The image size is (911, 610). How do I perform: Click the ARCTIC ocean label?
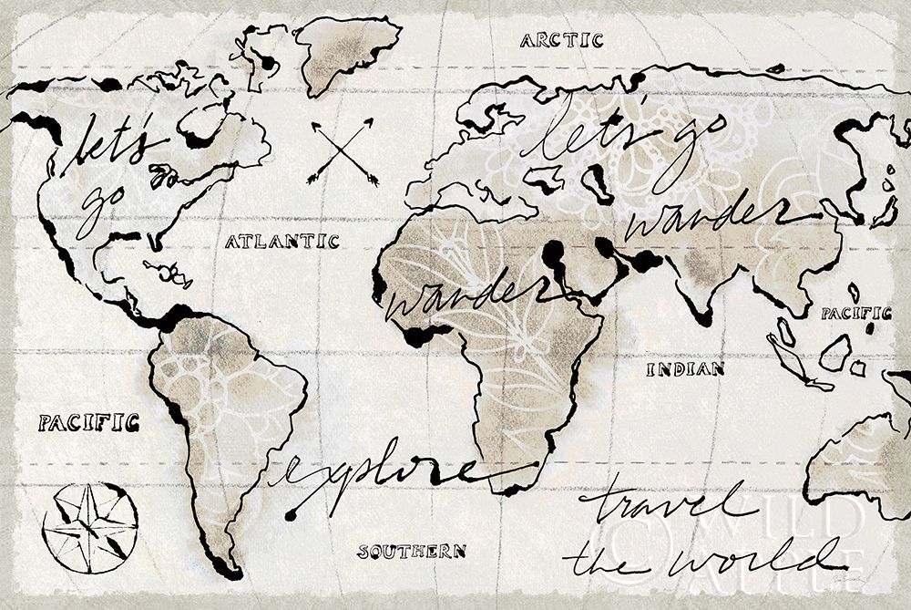(x=562, y=39)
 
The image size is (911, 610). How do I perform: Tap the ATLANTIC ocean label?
(x=281, y=242)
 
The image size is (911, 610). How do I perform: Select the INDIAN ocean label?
(x=685, y=369)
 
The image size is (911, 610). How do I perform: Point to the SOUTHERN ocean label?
(x=412, y=551)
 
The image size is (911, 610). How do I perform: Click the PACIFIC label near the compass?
(x=88, y=422)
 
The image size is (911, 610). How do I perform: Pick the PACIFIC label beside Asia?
(x=855, y=314)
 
